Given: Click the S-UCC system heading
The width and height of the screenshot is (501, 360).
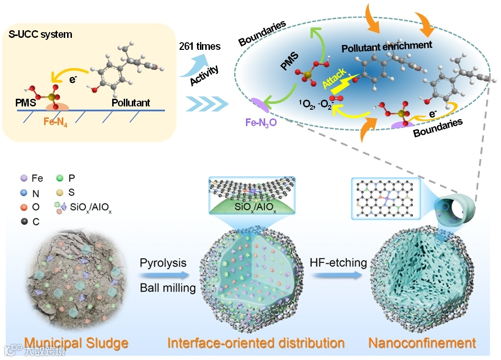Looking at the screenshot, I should [x=40, y=35].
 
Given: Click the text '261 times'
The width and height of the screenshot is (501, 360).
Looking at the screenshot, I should [x=200, y=46].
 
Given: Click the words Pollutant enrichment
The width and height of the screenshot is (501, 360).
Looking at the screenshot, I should [x=387, y=46].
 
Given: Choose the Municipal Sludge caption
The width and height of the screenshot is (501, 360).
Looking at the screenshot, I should [x=76, y=343].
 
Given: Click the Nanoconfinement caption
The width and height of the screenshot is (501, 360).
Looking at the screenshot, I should [x=422, y=343].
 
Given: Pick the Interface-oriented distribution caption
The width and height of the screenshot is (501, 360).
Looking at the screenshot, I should [x=256, y=343].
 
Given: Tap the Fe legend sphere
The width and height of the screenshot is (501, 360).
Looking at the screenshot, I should [x=23, y=179].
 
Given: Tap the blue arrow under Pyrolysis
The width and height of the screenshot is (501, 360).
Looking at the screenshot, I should [x=163, y=276].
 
